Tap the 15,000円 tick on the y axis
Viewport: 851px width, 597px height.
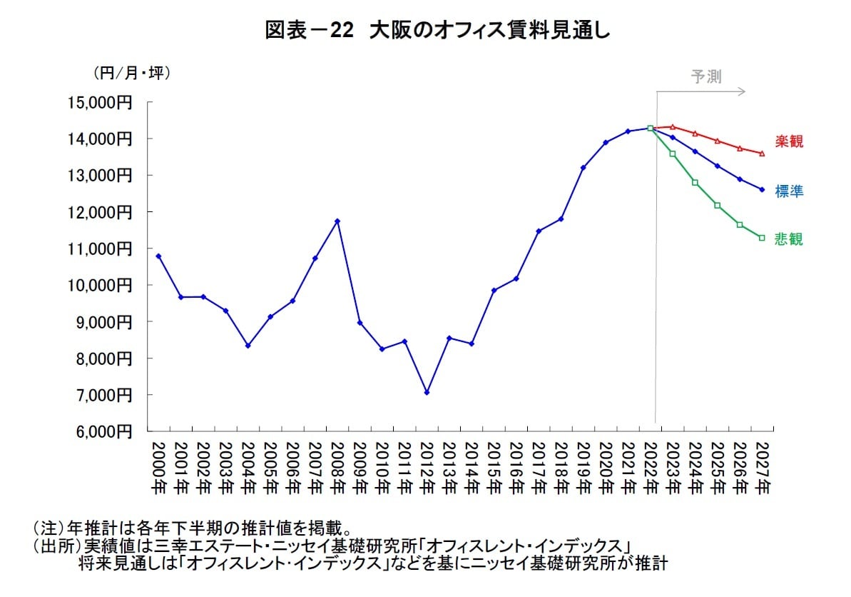click(x=100, y=102)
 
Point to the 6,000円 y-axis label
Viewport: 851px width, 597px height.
click(x=100, y=431)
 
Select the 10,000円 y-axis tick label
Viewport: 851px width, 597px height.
click(x=100, y=285)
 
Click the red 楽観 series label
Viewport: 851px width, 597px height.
click(x=789, y=141)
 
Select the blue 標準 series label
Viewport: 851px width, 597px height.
click(x=789, y=191)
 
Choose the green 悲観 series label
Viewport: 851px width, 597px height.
click(x=789, y=239)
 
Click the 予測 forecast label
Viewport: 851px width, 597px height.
click(x=706, y=77)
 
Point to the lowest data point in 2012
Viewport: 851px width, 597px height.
click(x=427, y=392)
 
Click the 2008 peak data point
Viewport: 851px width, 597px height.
click(x=337, y=221)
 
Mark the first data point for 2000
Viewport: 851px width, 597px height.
click(x=158, y=256)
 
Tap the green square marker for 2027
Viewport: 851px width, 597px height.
click(x=762, y=238)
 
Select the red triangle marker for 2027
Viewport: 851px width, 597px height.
click(x=762, y=153)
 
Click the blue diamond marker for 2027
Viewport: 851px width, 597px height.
click(x=762, y=189)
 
